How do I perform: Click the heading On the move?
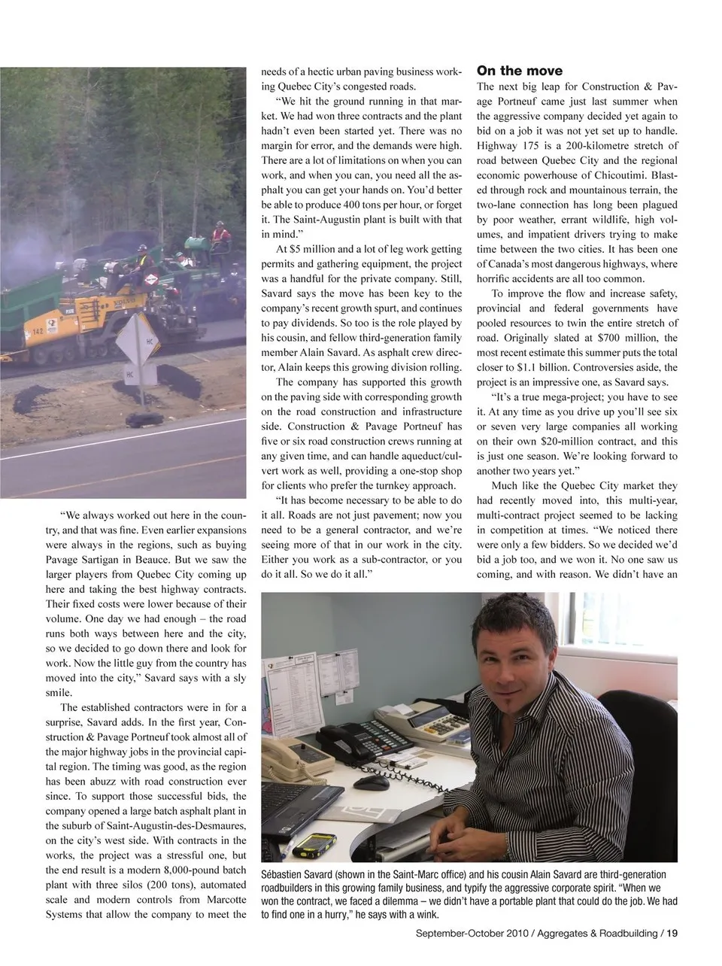tap(520, 71)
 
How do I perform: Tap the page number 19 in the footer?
tap(672, 934)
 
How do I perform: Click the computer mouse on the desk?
tap(372, 782)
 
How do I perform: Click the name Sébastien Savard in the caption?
tap(296, 875)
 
